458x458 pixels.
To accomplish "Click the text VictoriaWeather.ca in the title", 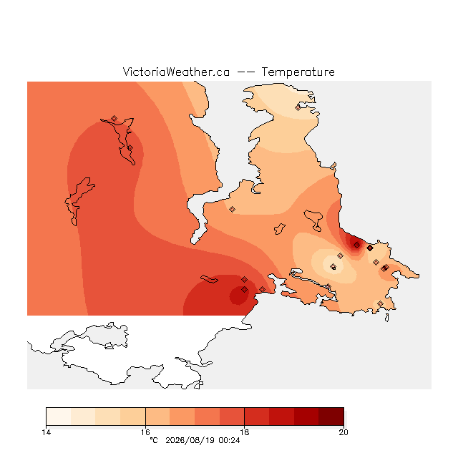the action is (x=176, y=72).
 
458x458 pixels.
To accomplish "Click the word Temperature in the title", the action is (x=298, y=72).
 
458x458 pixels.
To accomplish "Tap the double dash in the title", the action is (x=245, y=72).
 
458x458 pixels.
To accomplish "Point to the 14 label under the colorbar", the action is (x=46, y=432).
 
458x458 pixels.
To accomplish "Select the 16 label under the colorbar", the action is (x=145, y=432).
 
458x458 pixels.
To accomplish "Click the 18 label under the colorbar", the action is (x=245, y=432).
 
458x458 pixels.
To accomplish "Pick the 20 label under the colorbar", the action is (x=343, y=432).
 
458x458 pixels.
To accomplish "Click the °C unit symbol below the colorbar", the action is (x=154, y=440).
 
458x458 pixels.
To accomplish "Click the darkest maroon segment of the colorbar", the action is (x=331, y=416).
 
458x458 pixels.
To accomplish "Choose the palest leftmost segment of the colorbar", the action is (x=59, y=416).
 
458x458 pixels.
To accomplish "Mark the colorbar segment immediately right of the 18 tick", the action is (x=257, y=416).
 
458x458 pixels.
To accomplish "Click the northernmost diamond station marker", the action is (x=298, y=107).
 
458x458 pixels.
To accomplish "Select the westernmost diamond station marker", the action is (x=114, y=118).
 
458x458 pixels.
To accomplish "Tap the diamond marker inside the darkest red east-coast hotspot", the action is (x=356, y=245).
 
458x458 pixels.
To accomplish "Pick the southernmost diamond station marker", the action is (x=380, y=303).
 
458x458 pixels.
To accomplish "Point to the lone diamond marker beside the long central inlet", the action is (x=232, y=209).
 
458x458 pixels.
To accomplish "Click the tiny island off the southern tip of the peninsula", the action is (x=387, y=318).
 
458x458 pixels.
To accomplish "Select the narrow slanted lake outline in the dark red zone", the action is (x=209, y=279).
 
